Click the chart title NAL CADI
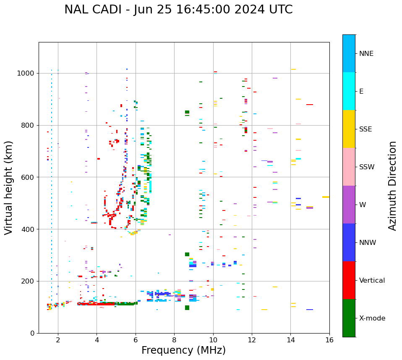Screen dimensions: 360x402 point(178,10)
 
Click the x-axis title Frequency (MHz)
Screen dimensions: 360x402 point(183,350)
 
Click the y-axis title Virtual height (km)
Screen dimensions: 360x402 point(9,187)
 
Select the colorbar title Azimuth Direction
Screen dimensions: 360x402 point(392,185)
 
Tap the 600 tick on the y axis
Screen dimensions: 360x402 point(29,177)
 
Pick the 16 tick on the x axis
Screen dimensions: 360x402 point(329,340)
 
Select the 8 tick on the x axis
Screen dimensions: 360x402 point(174,340)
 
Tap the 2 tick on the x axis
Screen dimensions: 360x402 point(58,340)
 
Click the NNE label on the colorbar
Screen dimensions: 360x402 point(366,54)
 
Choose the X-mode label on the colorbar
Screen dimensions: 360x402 point(372,318)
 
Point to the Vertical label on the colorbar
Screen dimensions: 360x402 point(372,281)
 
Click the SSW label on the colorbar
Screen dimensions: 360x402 point(367,167)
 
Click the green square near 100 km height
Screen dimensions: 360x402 point(187,307)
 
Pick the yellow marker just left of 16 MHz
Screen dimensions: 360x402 point(326,197)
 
